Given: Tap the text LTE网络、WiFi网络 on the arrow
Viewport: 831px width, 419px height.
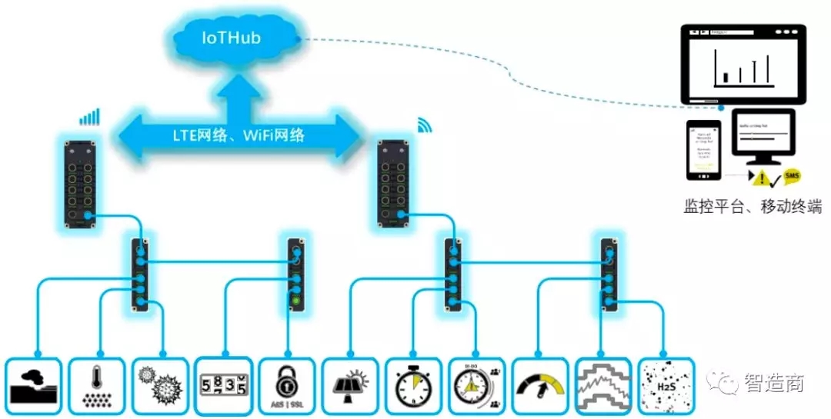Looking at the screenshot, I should click(x=239, y=135).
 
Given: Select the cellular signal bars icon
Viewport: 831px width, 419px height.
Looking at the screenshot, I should click(x=89, y=116).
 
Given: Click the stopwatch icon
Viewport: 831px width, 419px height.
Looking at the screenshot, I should click(x=413, y=384).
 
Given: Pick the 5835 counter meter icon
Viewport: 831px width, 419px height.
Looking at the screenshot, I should click(x=223, y=384).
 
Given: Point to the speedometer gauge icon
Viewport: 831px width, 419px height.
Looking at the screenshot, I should click(x=539, y=384).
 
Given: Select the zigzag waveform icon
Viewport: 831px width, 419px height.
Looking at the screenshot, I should click(x=602, y=384).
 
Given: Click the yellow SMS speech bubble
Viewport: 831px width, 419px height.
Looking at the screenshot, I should click(x=793, y=178).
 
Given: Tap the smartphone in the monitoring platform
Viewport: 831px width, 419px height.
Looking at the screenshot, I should click(x=703, y=149).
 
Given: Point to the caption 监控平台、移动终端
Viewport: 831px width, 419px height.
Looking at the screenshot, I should click(x=753, y=206).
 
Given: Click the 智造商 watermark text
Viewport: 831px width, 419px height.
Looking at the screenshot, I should click(x=773, y=382).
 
